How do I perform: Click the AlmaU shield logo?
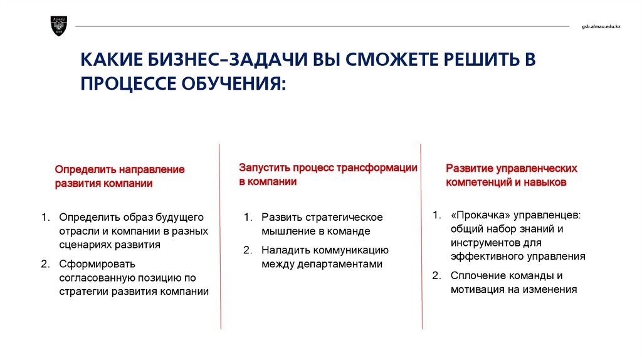coord(58,26)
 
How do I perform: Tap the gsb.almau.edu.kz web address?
coord(601,26)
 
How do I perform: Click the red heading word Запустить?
coord(265,167)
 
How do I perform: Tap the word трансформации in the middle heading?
coord(377,167)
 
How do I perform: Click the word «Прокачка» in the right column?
coord(481,215)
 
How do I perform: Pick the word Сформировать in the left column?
coord(97,264)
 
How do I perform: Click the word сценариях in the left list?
coord(85,245)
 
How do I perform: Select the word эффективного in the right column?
coord(487,257)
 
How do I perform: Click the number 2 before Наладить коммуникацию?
coord(247,250)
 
